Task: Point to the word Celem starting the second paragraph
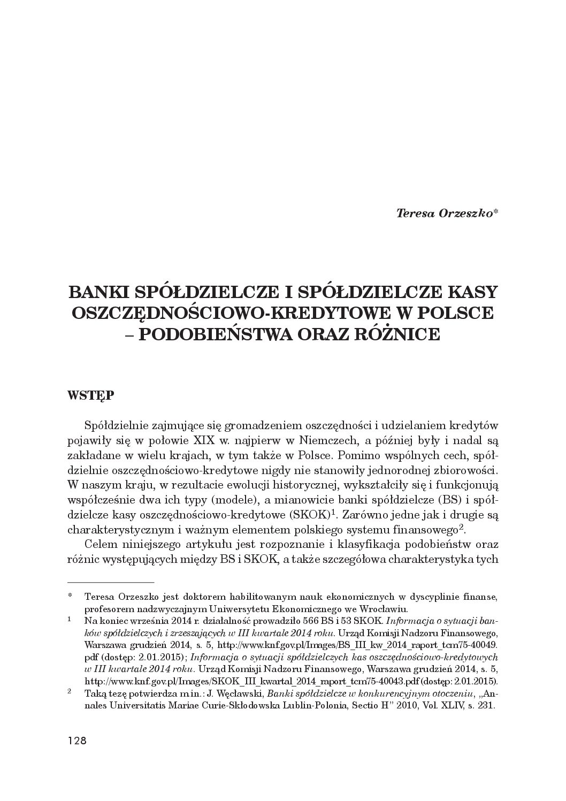tap(102, 545)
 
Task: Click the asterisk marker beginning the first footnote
tap(70, 596)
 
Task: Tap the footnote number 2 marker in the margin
tap(70, 691)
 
